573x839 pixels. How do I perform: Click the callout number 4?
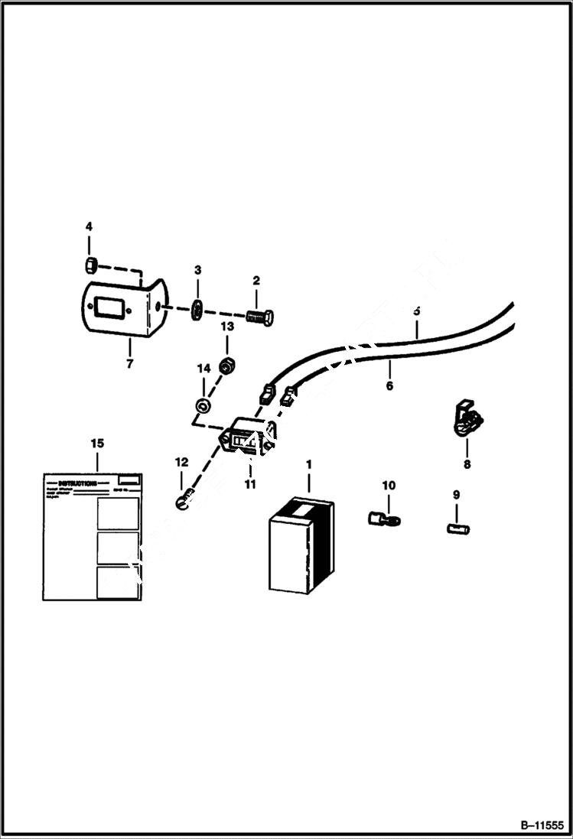[x=89, y=226]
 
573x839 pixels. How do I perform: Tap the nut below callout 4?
[x=89, y=265]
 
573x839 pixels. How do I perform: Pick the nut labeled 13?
[x=226, y=366]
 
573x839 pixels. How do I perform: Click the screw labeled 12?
[x=181, y=503]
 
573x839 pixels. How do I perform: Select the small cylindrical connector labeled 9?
[x=457, y=528]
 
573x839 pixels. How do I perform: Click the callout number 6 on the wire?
[x=389, y=386]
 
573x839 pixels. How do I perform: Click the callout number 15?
[x=97, y=444]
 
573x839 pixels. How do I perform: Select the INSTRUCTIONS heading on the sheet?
[x=77, y=483]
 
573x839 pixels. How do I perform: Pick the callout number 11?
[x=250, y=484]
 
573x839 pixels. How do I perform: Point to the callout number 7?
[x=129, y=364]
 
